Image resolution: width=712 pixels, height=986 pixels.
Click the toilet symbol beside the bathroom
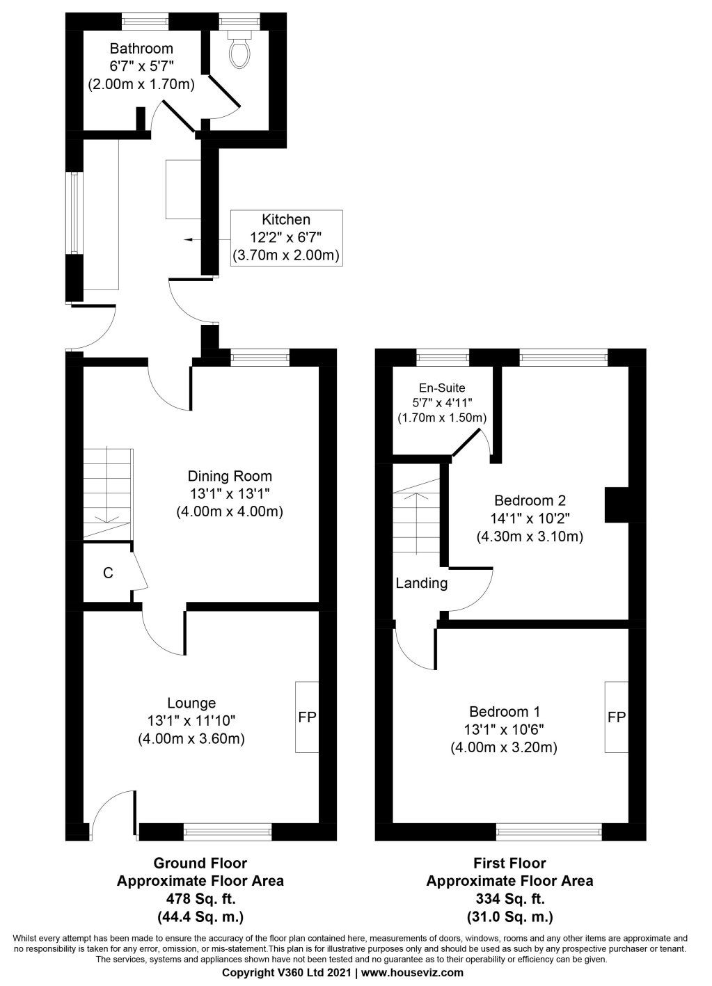(x=239, y=47)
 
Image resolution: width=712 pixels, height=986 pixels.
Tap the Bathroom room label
(x=141, y=49)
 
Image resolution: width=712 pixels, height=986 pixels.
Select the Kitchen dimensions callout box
(x=285, y=237)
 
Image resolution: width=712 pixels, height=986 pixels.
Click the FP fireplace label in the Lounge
(x=307, y=717)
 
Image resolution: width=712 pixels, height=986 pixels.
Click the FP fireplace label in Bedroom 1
(x=616, y=717)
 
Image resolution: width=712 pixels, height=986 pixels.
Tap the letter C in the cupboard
(x=108, y=573)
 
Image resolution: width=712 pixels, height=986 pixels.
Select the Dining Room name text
(x=230, y=477)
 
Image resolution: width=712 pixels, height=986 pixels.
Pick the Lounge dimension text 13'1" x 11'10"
(x=191, y=721)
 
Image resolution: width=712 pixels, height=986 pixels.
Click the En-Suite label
(x=441, y=388)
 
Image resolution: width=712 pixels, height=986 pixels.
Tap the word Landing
(x=422, y=583)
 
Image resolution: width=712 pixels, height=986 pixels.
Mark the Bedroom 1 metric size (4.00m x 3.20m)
(x=505, y=748)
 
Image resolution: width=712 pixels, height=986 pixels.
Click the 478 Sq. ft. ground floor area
(x=200, y=898)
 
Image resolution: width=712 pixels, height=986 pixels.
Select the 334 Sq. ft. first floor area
(x=509, y=898)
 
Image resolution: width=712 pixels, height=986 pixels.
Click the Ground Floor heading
(x=200, y=864)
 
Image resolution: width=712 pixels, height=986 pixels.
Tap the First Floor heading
(x=509, y=864)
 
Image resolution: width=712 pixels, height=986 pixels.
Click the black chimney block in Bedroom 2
(x=616, y=504)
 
